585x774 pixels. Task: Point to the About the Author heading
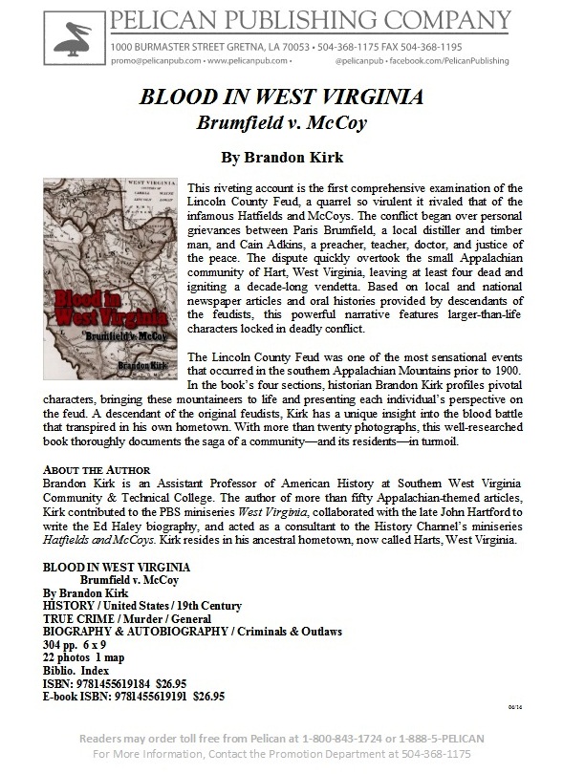pos(97,470)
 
